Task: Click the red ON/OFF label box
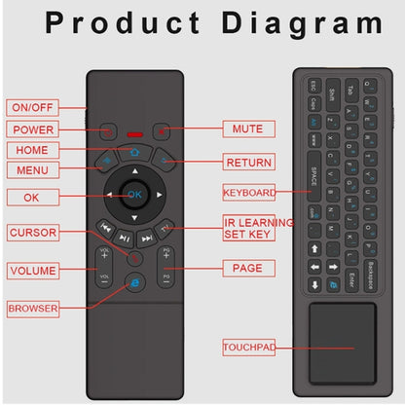(x=33, y=107)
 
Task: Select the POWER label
(x=33, y=129)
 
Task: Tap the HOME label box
(x=32, y=150)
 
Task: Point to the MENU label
(x=32, y=169)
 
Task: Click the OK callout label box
(x=33, y=198)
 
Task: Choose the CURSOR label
(x=33, y=233)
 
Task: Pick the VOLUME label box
(x=33, y=270)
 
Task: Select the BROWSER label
(x=33, y=309)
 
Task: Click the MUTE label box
(x=247, y=129)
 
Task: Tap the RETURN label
(x=247, y=163)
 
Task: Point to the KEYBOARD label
(x=248, y=192)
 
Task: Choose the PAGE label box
(x=247, y=268)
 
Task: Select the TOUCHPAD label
(x=248, y=347)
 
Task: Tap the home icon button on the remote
(x=134, y=153)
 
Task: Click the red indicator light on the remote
(x=134, y=133)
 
